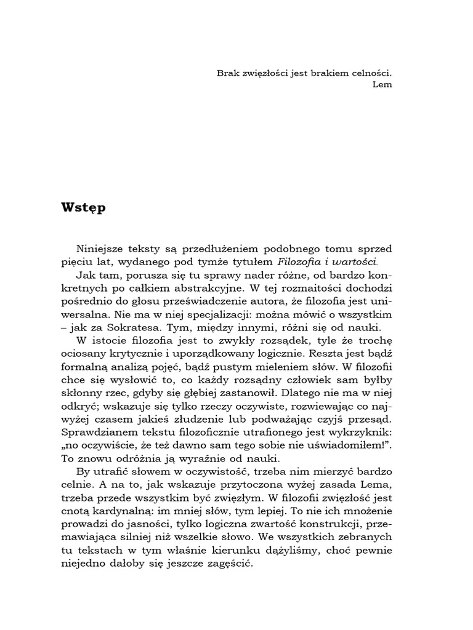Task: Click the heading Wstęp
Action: (84, 207)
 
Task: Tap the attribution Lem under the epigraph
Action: (382, 84)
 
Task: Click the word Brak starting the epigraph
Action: (228, 72)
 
